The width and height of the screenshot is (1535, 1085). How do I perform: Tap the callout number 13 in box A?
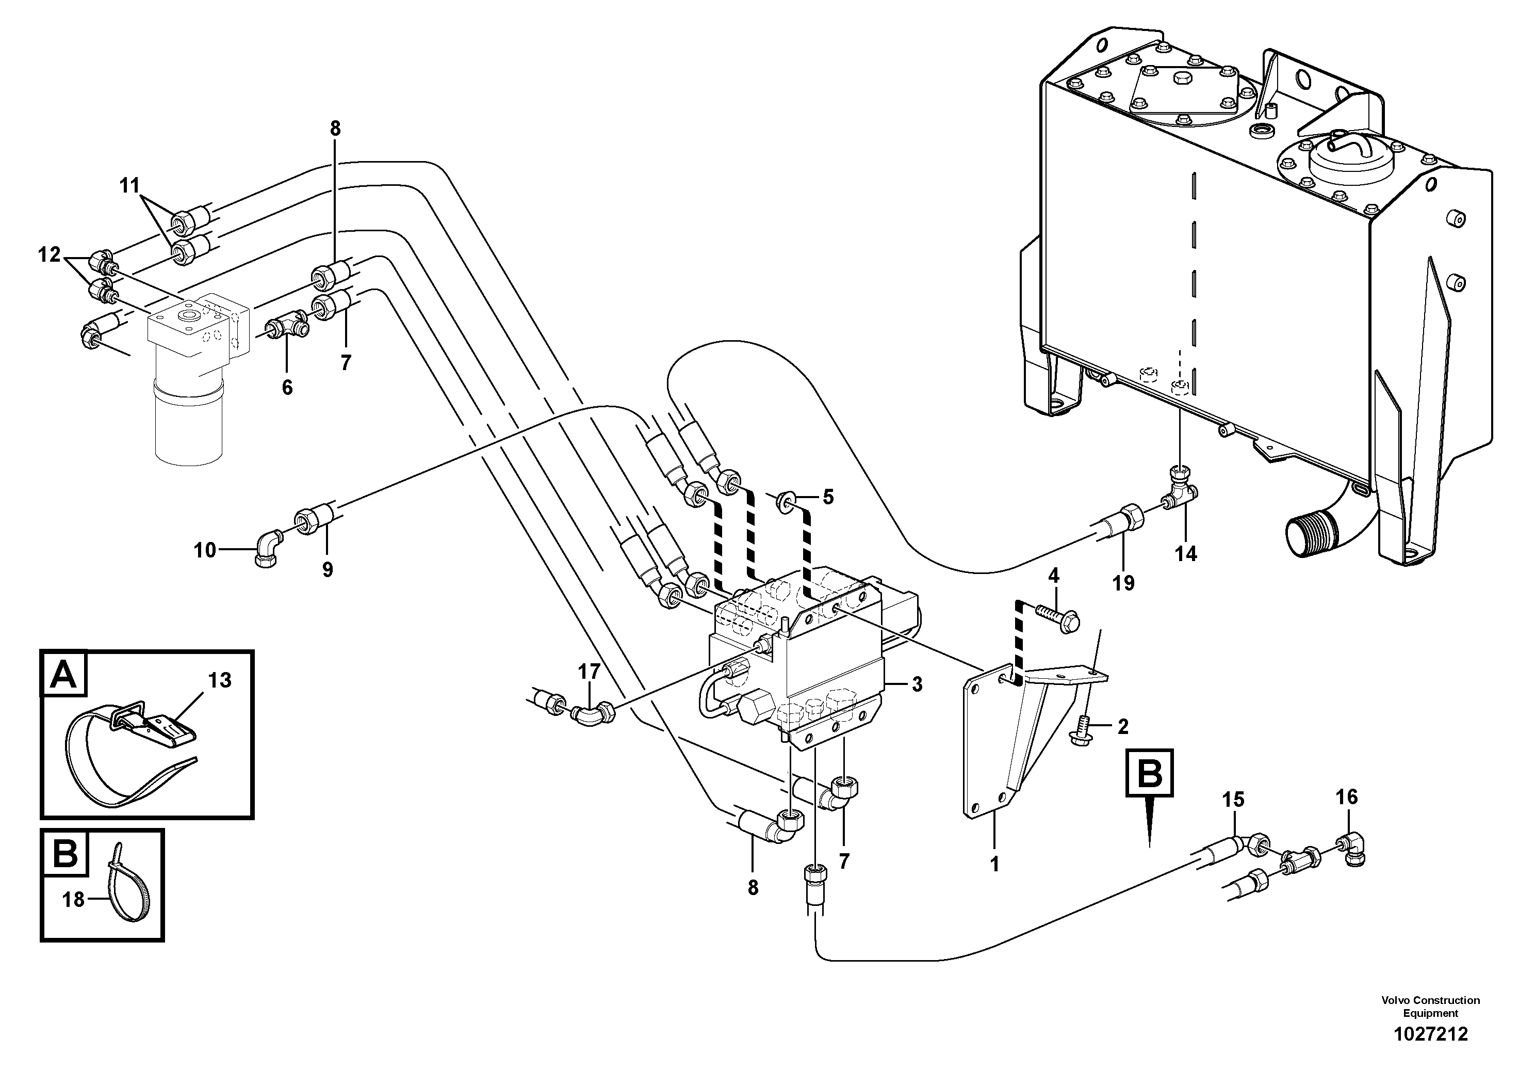219,680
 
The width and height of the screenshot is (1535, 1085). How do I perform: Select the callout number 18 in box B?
74,900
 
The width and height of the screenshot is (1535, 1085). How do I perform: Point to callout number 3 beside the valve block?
917,684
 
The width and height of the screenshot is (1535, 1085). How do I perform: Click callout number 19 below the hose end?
1124,583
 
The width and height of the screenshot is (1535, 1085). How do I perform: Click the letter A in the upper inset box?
64,674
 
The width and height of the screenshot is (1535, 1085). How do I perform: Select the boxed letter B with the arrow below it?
1150,774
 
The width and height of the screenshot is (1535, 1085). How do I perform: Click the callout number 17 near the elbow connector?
589,671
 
